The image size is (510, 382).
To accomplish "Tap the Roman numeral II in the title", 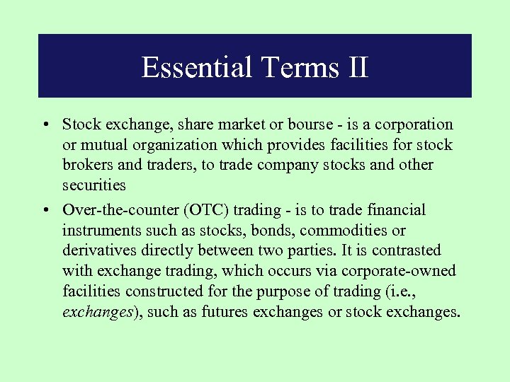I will coord(356,67).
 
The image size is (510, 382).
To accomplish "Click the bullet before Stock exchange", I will coord(45,125).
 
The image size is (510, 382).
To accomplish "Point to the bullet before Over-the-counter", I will coord(45,210).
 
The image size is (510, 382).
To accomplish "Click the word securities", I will coord(93,185).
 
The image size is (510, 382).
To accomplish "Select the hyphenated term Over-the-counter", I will coord(119,210).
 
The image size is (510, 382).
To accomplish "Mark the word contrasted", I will coord(406,250).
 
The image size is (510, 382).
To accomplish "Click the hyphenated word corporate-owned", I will coord(398,271).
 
